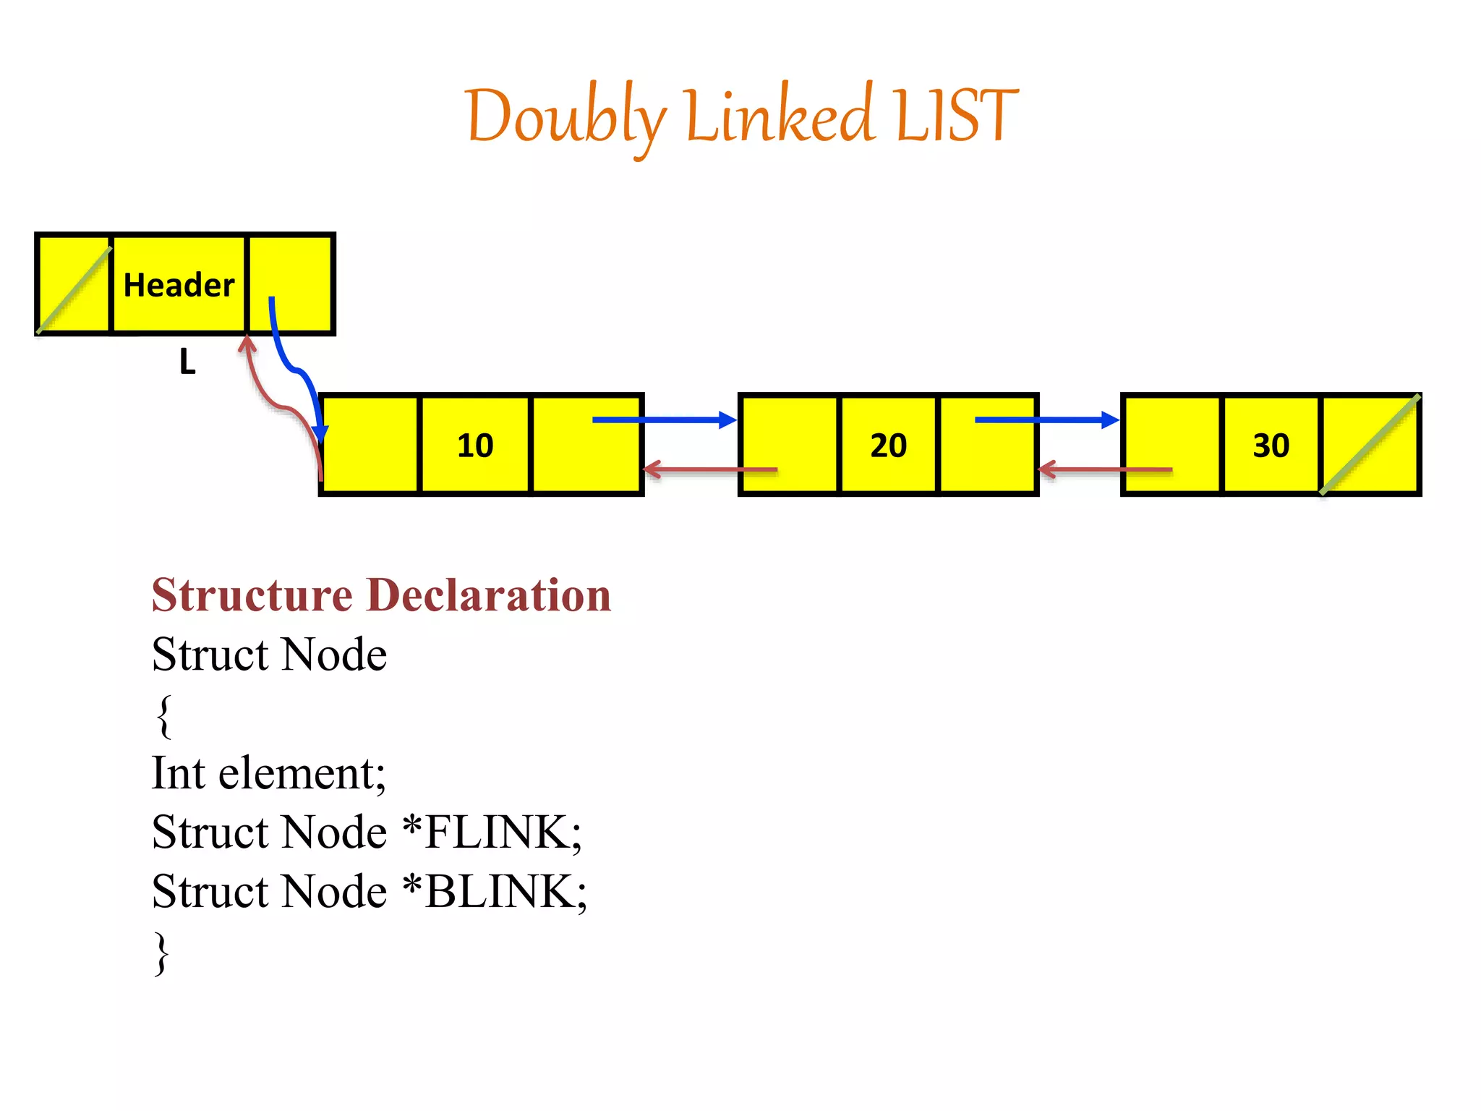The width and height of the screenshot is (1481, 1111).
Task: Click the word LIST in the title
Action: pyautogui.click(x=956, y=116)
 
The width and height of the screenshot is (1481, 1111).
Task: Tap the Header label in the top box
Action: pyautogui.click(x=179, y=285)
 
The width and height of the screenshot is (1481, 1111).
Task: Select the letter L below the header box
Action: pyautogui.click(x=187, y=362)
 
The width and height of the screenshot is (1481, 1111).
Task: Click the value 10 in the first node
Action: pyautogui.click(x=475, y=446)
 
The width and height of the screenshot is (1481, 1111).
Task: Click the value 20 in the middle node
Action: pyautogui.click(x=888, y=446)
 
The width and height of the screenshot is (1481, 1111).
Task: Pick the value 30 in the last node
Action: pyautogui.click(x=1271, y=446)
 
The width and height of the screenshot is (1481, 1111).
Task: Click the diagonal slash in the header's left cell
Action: pyautogui.click(x=74, y=290)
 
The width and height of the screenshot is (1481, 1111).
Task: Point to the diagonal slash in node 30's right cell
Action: pyautogui.click(x=1370, y=444)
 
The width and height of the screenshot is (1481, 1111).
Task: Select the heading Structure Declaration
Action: pyautogui.click(x=381, y=595)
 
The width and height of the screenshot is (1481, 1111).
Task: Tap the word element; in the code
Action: pyautogui.click(x=302, y=773)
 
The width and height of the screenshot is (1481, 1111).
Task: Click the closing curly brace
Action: pyautogui.click(x=163, y=953)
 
